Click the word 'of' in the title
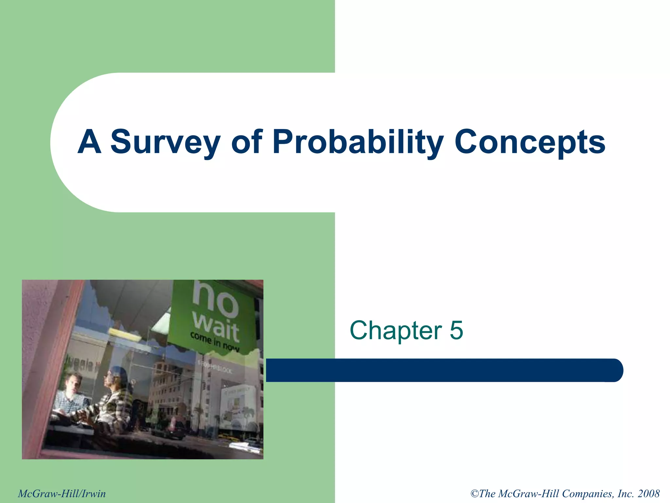(x=247, y=141)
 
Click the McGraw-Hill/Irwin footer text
(x=62, y=494)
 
